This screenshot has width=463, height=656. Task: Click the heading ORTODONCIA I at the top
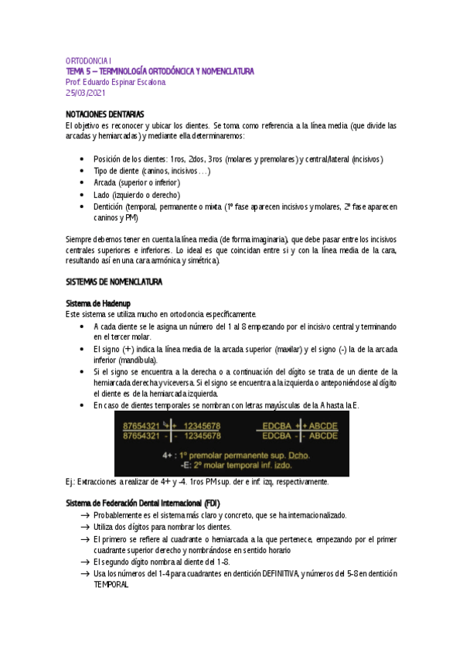89,60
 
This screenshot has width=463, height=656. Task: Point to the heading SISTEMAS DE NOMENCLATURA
114,261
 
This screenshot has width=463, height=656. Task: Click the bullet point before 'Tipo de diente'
83,170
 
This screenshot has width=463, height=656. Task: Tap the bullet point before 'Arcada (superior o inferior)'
83,183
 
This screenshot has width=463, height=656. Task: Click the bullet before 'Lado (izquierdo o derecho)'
83,195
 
